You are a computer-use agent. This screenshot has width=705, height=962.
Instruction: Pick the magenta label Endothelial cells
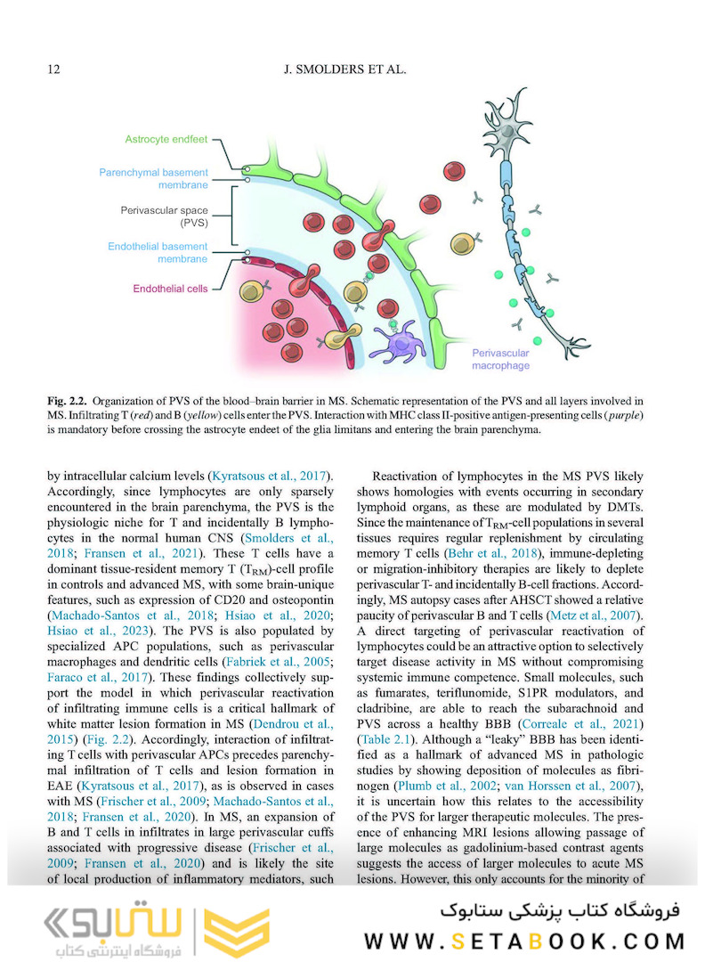[x=170, y=289]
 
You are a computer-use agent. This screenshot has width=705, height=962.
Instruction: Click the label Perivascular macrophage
[x=501, y=359]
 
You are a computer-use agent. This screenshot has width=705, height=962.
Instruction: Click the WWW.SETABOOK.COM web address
[x=525, y=941]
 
